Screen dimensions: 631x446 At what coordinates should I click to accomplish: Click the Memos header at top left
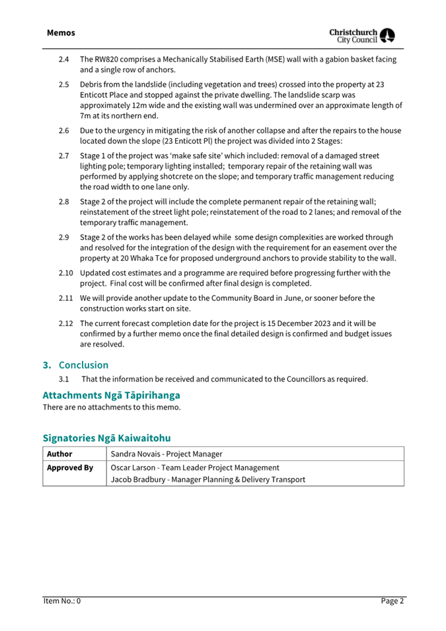(61, 32)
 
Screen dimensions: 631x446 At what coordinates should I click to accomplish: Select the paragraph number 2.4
(64, 60)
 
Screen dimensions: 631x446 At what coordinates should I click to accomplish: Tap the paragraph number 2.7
(64, 156)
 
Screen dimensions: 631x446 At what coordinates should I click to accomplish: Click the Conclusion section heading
(83, 364)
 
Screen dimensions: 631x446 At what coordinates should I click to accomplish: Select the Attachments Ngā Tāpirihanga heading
(111, 395)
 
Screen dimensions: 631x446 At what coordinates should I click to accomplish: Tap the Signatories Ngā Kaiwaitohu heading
(106, 437)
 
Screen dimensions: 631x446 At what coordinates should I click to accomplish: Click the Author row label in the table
(59, 454)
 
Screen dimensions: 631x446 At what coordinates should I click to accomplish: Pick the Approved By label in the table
(69, 468)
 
